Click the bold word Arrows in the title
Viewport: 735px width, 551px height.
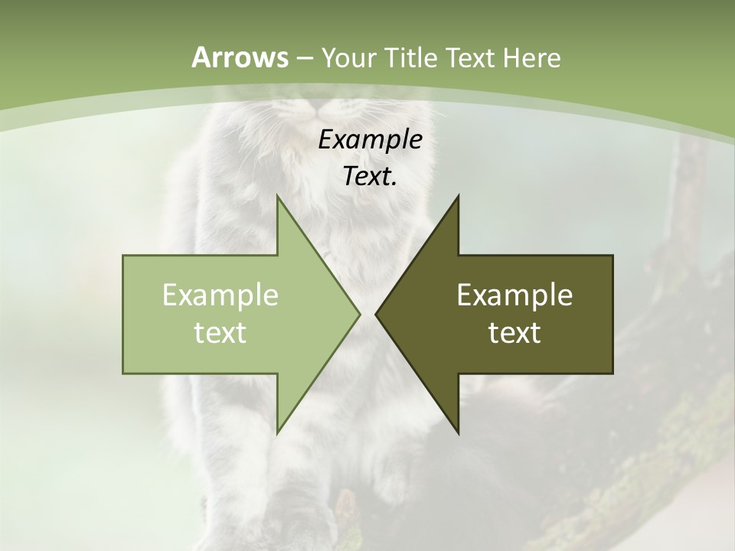click(x=240, y=57)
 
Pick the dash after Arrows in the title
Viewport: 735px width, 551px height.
click(x=304, y=58)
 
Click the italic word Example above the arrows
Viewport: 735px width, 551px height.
click(x=370, y=140)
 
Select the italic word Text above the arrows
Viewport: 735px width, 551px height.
click(x=367, y=177)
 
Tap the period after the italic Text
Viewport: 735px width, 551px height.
click(x=394, y=184)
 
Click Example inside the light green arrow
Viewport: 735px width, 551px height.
click(x=220, y=295)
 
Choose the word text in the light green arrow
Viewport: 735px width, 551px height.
click(x=220, y=332)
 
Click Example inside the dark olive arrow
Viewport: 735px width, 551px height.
click(x=514, y=295)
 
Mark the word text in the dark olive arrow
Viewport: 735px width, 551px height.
click(x=514, y=332)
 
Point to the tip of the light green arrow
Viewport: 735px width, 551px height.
click(x=360, y=314)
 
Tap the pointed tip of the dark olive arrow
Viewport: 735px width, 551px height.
click(x=376, y=314)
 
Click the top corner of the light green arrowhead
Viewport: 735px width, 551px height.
click(x=277, y=195)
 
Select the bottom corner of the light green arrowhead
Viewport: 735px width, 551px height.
click(x=277, y=433)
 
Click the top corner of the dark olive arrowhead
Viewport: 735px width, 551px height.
click(x=459, y=195)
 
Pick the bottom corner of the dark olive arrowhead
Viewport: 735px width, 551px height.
click(x=459, y=433)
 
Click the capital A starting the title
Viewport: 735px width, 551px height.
click(x=201, y=57)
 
